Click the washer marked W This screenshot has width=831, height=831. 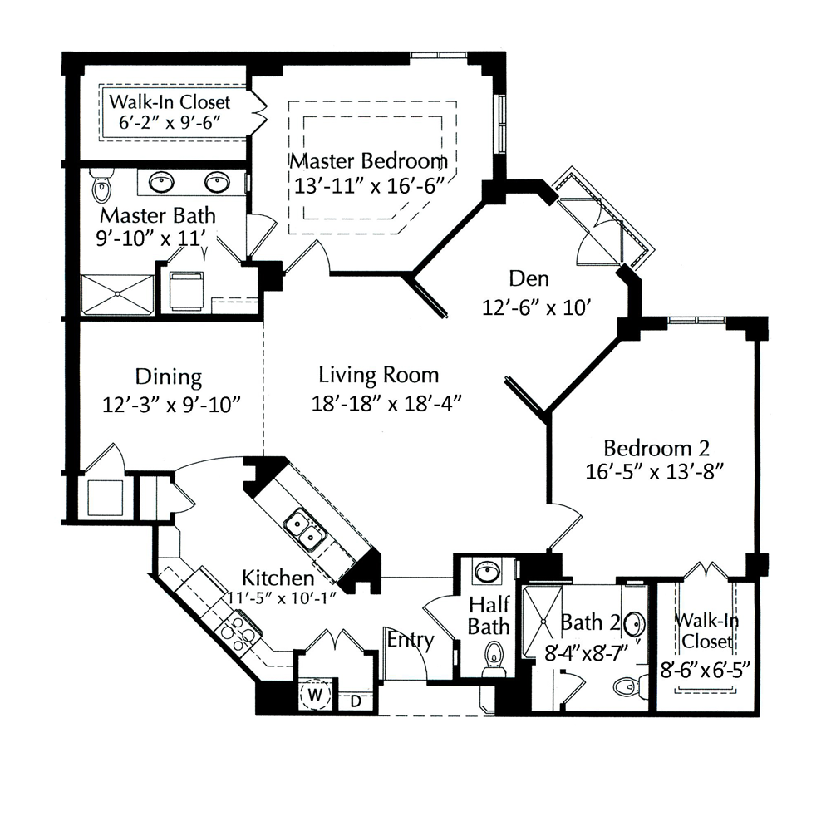(315, 694)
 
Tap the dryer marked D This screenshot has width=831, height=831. (356, 701)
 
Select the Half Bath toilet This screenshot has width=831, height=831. (494, 659)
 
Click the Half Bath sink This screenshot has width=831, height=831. (488, 573)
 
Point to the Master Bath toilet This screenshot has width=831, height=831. (101, 185)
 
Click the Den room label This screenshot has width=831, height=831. (529, 278)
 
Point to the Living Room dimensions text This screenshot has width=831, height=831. (386, 404)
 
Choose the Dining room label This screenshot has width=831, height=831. (169, 376)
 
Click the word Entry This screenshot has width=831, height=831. (411, 640)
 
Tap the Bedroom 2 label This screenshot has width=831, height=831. (656, 449)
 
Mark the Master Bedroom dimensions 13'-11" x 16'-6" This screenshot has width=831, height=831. (369, 185)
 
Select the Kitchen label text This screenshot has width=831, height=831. (278, 578)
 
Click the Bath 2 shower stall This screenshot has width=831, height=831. (542, 621)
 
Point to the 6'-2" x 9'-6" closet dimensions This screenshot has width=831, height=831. (170, 122)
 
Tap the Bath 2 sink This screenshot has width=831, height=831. (634, 624)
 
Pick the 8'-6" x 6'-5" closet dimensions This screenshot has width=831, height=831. (706, 671)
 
